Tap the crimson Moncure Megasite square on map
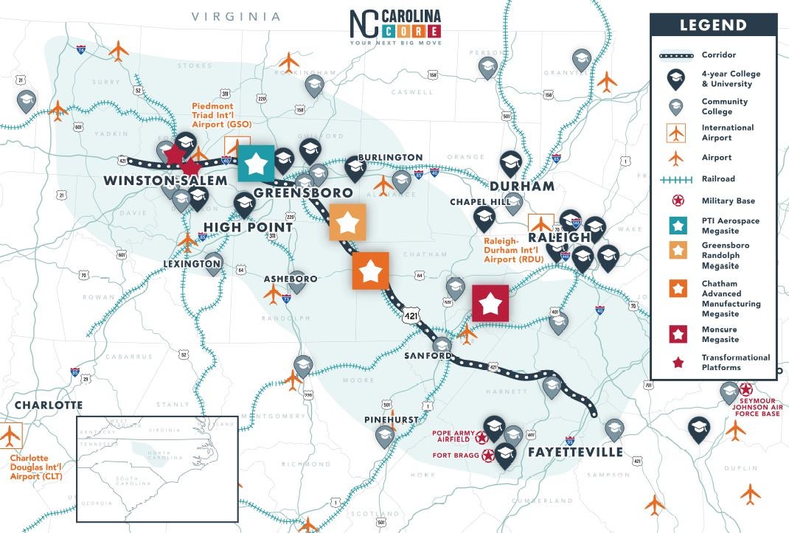click(x=490, y=303)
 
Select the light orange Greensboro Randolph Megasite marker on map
click(x=347, y=223)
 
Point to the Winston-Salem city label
click(x=165, y=181)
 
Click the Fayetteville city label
click(x=575, y=452)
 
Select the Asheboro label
click(x=291, y=279)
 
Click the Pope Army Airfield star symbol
click(x=482, y=437)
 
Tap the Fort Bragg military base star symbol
click(x=488, y=456)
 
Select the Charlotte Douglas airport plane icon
click(x=10, y=436)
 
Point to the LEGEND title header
click(x=712, y=25)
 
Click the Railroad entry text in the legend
click(x=718, y=178)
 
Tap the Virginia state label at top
click(x=236, y=16)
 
